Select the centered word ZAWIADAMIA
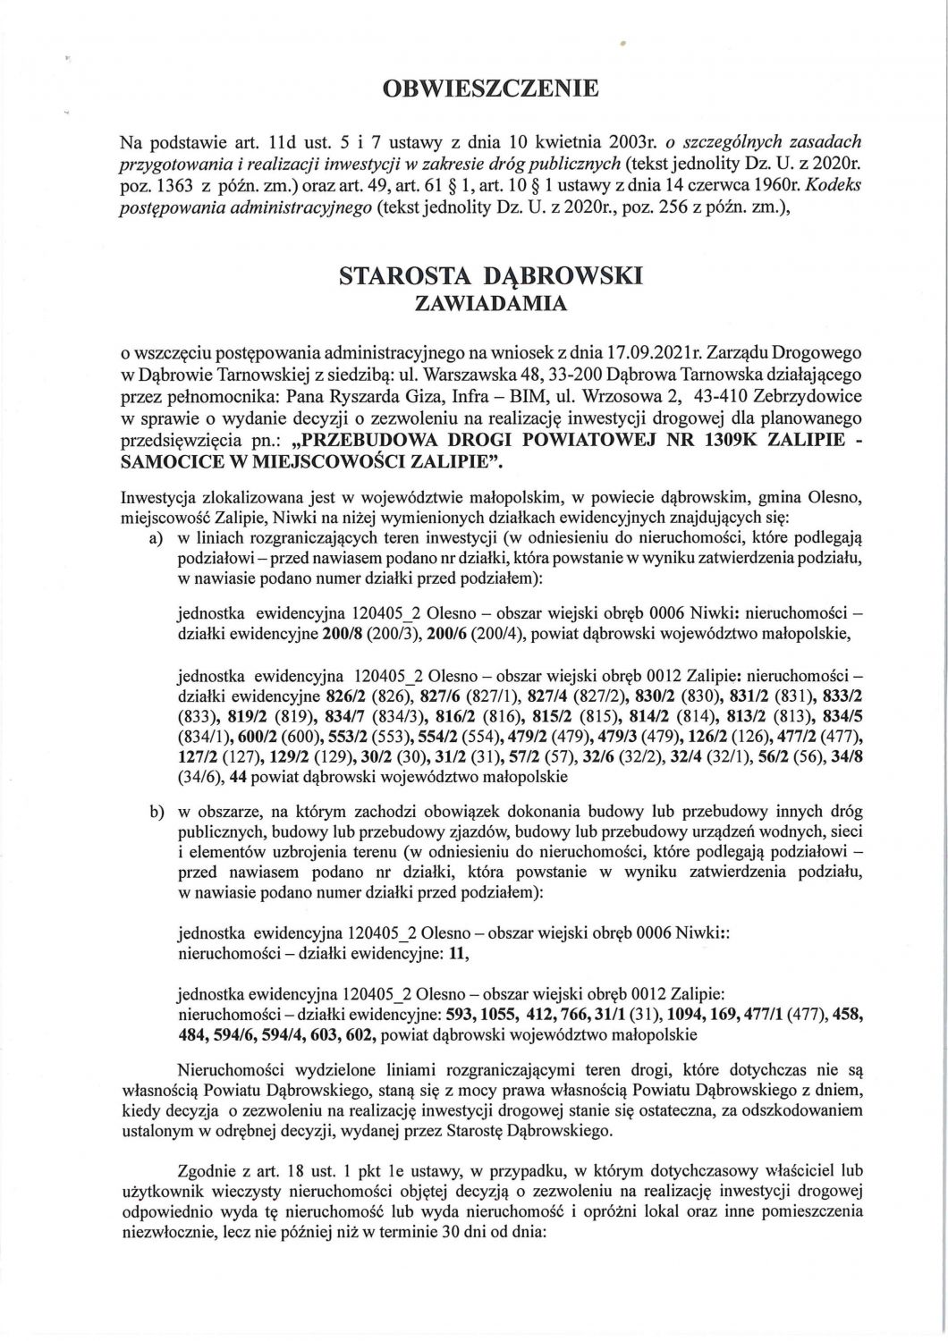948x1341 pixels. tap(492, 304)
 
